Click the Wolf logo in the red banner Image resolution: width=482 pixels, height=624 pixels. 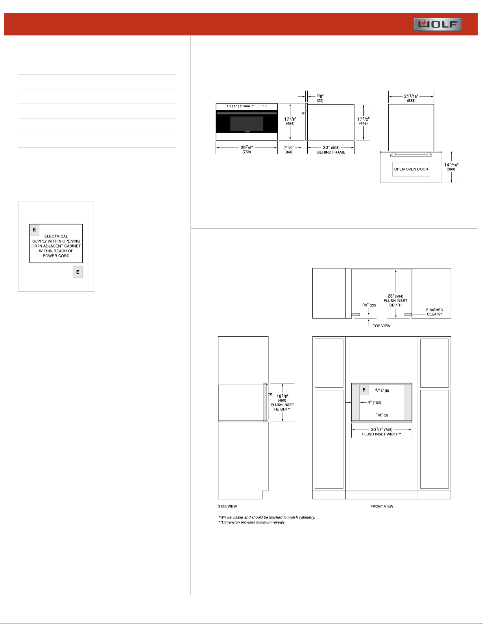click(438, 24)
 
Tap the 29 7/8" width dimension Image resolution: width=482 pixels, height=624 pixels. click(247, 149)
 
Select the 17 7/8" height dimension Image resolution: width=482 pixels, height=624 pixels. click(290, 121)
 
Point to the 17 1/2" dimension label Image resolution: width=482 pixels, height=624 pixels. click(363, 121)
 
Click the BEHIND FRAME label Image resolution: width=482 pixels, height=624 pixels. click(331, 152)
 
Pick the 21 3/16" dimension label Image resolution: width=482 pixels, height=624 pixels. click(411, 98)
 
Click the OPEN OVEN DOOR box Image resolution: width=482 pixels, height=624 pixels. click(411, 169)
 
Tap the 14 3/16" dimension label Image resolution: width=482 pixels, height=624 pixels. click(451, 167)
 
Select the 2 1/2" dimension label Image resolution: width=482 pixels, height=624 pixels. click(289, 149)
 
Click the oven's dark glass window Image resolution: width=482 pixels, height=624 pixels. click(247, 124)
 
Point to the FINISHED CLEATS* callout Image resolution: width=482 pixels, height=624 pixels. click(434, 312)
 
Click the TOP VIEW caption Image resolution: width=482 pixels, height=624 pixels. click(382, 326)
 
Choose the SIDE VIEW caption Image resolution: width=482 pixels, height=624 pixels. click(227, 506)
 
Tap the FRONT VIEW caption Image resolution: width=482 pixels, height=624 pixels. click(382, 506)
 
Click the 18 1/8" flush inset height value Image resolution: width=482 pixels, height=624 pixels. click(283, 396)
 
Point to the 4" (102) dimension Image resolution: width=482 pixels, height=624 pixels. click(374, 403)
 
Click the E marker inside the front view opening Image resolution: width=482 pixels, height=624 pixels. click(364, 390)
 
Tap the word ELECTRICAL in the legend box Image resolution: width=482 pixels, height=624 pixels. click(56, 236)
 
